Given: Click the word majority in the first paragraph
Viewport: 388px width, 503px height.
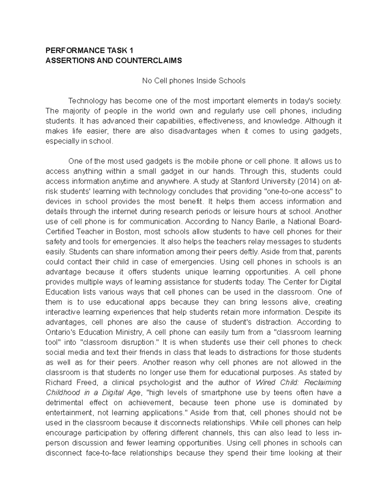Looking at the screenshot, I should [x=75, y=111].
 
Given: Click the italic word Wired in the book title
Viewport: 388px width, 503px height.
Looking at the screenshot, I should [x=266, y=383].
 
